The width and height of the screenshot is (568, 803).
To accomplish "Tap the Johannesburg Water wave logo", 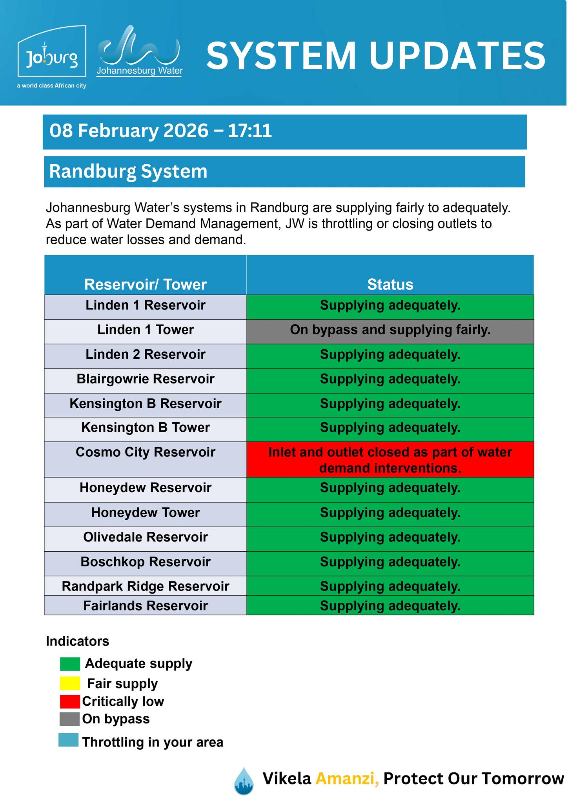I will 139,49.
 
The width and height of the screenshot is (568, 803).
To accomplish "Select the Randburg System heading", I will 128,171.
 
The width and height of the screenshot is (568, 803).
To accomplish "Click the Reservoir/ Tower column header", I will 145,284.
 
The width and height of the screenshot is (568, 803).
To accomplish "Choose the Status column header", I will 390,284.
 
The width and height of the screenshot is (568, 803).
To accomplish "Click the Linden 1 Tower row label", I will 145,330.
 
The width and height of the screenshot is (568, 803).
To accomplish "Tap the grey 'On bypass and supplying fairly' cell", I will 390,330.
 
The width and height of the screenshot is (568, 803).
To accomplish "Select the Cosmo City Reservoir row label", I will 145,452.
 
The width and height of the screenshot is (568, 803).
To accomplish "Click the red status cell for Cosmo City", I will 390,460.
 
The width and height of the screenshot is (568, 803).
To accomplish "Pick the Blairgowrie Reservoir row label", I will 145,379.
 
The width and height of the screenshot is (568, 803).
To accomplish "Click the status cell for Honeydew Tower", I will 390,512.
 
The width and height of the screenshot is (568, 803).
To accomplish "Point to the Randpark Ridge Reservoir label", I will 145,586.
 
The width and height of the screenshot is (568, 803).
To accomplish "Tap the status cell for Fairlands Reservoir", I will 390,606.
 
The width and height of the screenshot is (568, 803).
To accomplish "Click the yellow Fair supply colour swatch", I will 70,683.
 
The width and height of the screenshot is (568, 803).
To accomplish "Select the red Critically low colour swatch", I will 70,701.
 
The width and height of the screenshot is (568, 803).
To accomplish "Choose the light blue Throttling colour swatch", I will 69,740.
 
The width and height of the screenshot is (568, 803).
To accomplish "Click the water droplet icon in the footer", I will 244,781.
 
